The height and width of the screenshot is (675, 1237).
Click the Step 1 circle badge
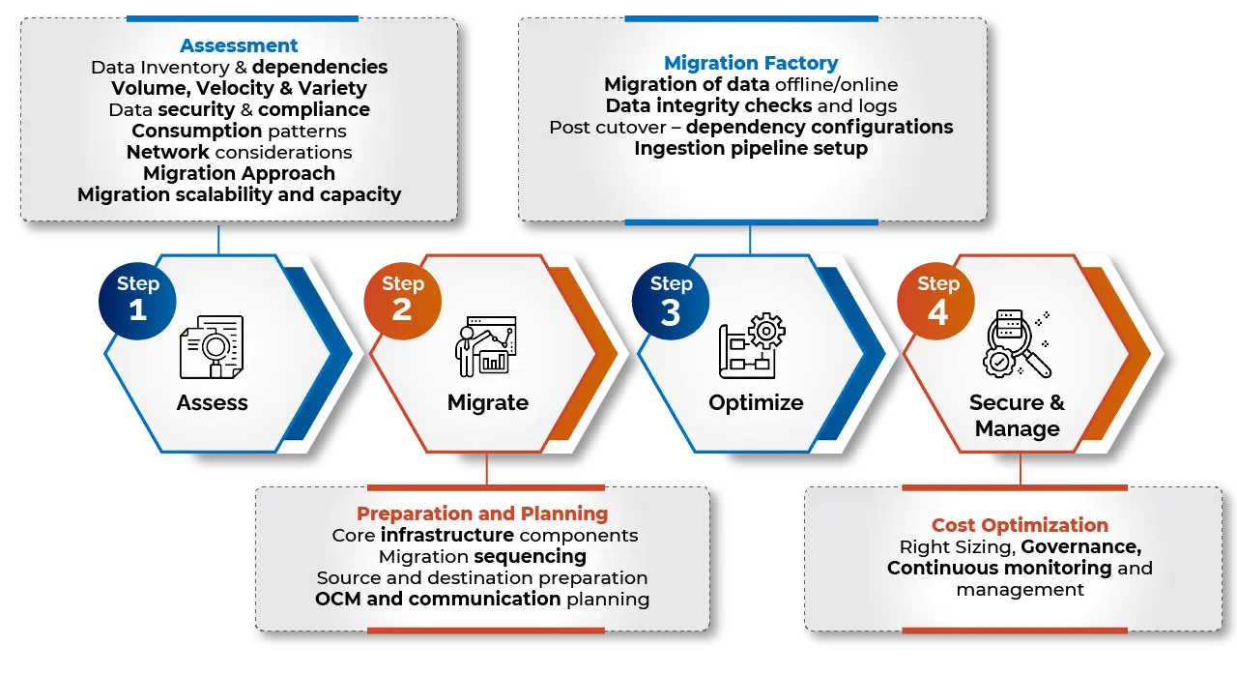click(137, 297)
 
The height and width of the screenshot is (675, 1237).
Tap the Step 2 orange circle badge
click(402, 297)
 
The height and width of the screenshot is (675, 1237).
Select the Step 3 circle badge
click(671, 297)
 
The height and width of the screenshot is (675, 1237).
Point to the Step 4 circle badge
click(937, 297)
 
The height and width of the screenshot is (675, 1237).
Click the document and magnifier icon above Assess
click(212, 346)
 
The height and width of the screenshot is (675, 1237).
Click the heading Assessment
click(239, 45)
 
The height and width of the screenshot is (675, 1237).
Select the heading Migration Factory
click(751, 63)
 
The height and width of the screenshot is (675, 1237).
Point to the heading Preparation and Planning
click(482, 514)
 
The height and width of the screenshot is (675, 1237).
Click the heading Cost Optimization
click(1020, 525)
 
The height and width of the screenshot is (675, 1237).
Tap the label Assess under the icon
click(212, 402)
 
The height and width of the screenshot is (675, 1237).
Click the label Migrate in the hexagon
click(487, 402)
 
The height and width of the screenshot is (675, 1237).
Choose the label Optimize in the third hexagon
click(756, 402)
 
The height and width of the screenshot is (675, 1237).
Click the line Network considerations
click(239, 152)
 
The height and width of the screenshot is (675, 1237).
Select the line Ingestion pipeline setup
click(751, 148)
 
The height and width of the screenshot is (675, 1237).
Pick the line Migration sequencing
click(482, 556)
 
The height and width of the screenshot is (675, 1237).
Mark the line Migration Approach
click(239, 173)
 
